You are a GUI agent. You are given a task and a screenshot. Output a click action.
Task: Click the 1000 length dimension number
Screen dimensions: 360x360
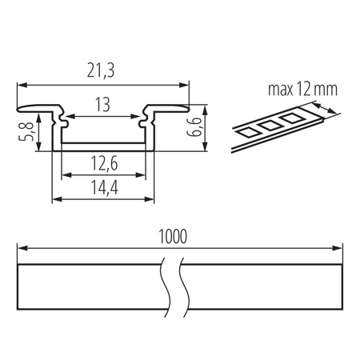172,238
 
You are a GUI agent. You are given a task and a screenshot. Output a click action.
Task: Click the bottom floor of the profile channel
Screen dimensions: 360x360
103,147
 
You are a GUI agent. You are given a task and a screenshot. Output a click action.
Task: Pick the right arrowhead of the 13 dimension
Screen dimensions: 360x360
139,117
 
